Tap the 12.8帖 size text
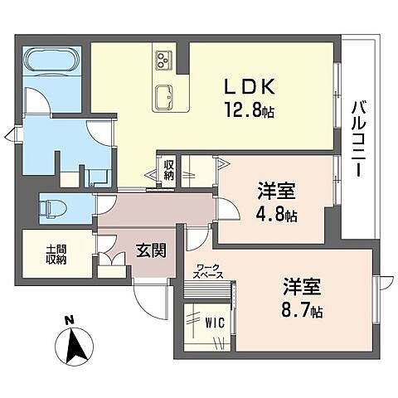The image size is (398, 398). coord(247,108)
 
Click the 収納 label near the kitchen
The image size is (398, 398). coord(168,170)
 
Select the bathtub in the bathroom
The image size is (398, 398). coord(51,62)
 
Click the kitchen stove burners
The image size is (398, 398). coord(162,61)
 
